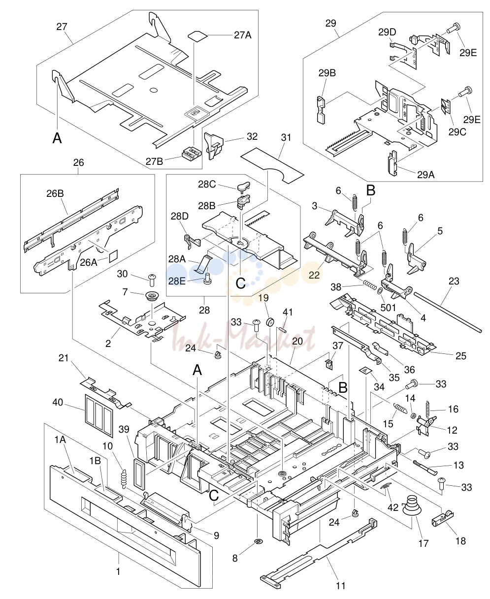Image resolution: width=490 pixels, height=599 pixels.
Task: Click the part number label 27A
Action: coord(242,35)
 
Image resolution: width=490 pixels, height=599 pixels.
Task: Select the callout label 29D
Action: coord(387,32)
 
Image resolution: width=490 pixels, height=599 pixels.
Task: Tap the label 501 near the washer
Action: coord(388,308)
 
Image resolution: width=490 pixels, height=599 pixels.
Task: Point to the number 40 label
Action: coord(58,402)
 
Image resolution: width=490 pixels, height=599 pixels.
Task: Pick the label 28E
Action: coord(177,281)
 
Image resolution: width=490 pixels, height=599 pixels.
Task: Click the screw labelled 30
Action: coord(152,281)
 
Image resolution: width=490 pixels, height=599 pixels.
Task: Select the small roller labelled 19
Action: coord(270,322)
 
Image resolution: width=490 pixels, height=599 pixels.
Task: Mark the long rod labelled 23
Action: coord(448,312)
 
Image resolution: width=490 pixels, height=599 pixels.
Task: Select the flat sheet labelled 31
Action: coord(272,165)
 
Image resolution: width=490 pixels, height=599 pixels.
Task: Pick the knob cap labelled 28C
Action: coord(243,187)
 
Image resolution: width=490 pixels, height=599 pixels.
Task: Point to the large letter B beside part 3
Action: coord(371,190)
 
